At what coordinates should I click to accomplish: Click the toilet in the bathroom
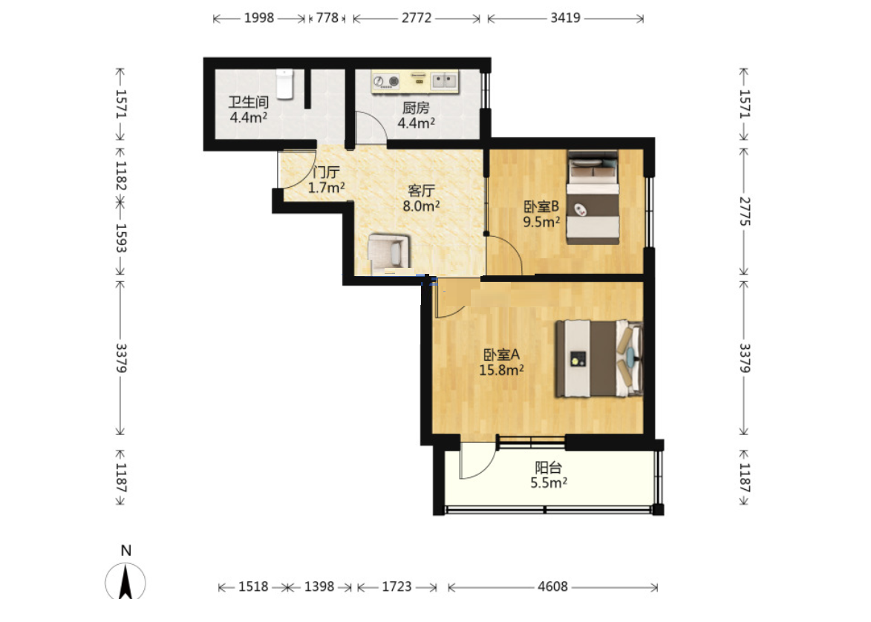pyautogui.click(x=284, y=84)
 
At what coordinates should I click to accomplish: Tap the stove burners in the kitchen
pyautogui.click(x=386, y=82)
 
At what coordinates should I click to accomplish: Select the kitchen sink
pyautogui.click(x=444, y=81)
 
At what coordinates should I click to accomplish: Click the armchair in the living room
pyautogui.click(x=389, y=254)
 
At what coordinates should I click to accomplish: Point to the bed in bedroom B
pyautogui.click(x=593, y=197)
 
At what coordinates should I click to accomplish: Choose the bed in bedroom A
pyautogui.click(x=599, y=359)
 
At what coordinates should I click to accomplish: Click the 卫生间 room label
pyautogui.click(x=248, y=102)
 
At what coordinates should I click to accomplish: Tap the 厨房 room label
pyautogui.click(x=416, y=108)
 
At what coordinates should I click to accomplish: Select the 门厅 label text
pyautogui.click(x=326, y=172)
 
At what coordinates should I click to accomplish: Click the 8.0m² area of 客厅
pyautogui.click(x=421, y=206)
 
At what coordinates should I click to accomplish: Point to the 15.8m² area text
pyautogui.click(x=501, y=370)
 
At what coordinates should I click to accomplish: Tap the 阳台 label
pyautogui.click(x=548, y=468)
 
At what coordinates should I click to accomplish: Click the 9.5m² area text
pyautogui.click(x=541, y=222)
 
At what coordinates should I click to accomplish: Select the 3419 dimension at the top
pyautogui.click(x=565, y=18)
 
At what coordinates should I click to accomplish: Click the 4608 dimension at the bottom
pyautogui.click(x=552, y=586)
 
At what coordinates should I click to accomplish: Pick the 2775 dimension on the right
pyautogui.click(x=744, y=212)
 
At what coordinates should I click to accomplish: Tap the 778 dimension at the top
pyautogui.click(x=327, y=18)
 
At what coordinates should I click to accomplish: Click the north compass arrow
pyautogui.click(x=125, y=580)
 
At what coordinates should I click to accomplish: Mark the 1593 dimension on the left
pyautogui.click(x=120, y=238)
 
